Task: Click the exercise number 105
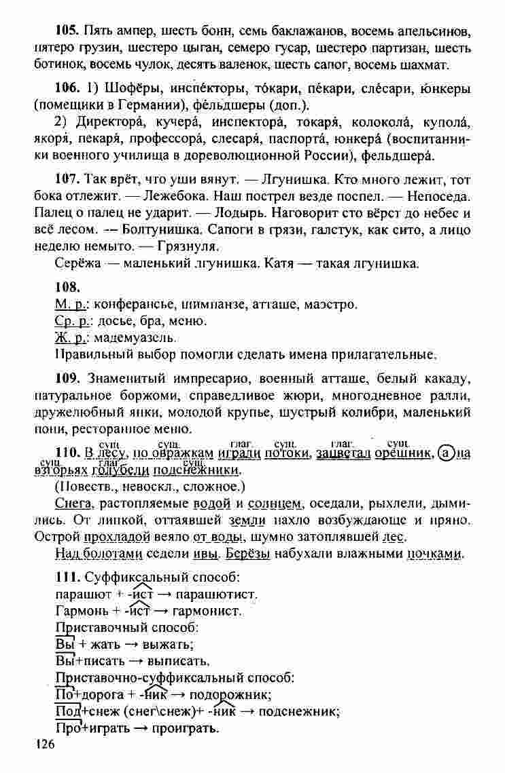pyautogui.click(x=68, y=31)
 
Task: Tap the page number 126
pyautogui.click(x=44, y=744)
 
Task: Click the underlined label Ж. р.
pyautogui.click(x=69, y=337)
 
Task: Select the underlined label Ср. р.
pyautogui.click(x=72, y=320)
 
